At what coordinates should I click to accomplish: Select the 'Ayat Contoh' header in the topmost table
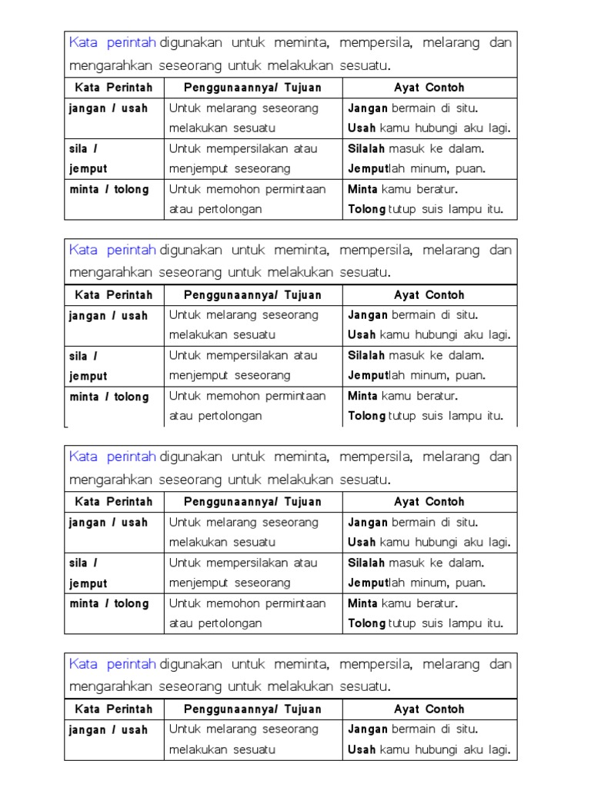point(429,88)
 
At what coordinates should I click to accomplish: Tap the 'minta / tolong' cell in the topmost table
point(109,189)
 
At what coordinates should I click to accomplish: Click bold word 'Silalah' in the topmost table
point(367,148)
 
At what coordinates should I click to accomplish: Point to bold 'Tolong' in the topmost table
point(367,209)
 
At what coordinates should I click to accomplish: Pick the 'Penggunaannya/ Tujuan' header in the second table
point(252,295)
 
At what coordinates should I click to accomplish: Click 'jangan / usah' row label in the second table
point(108,316)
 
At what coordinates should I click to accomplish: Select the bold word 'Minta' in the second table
point(362,396)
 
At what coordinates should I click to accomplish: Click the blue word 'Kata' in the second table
point(83,250)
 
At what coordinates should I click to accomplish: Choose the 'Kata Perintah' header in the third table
point(114,502)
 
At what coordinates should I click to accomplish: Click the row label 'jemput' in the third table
point(88,583)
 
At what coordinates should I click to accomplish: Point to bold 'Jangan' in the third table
point(368,523)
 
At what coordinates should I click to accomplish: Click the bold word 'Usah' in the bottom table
point(362,749)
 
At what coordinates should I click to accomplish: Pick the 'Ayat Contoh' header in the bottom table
point(429,709)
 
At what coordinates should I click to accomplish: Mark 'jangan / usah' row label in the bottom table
point(108,730)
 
